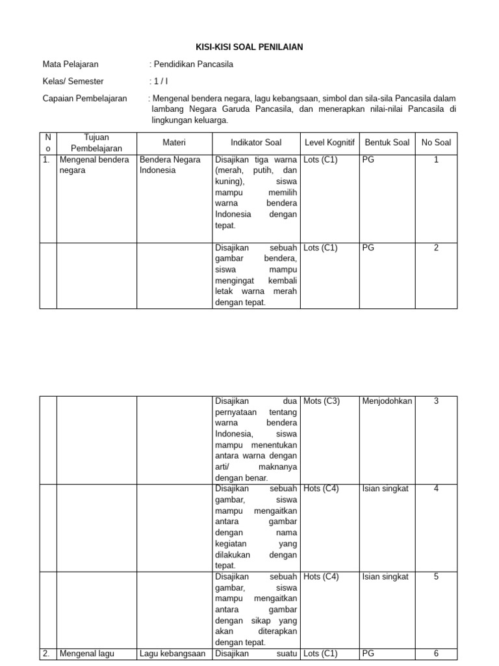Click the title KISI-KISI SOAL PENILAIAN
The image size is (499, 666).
tap(249, 47)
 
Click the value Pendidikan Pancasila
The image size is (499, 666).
tap(192, 64)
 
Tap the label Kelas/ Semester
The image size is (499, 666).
tap(73, 81)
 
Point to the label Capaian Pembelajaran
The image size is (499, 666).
tap(84, 98)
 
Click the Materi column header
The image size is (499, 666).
tap(174, 142)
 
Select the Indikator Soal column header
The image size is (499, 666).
tap(256, 142)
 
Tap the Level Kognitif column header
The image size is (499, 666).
tap(329, 142)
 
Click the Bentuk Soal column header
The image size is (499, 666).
tap(387, 142)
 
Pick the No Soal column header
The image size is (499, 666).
tap(436, 142)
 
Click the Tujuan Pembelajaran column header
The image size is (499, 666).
tap(96, 142)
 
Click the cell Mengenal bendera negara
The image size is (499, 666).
tap(94, 165)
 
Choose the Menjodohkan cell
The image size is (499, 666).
tap(387, 401)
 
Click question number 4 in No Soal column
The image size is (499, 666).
tap(436, 489)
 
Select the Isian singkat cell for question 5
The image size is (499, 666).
tap(385, 577)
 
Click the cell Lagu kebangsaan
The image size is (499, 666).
tap(173, 654)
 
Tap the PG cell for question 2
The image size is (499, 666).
tap(368, 248)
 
